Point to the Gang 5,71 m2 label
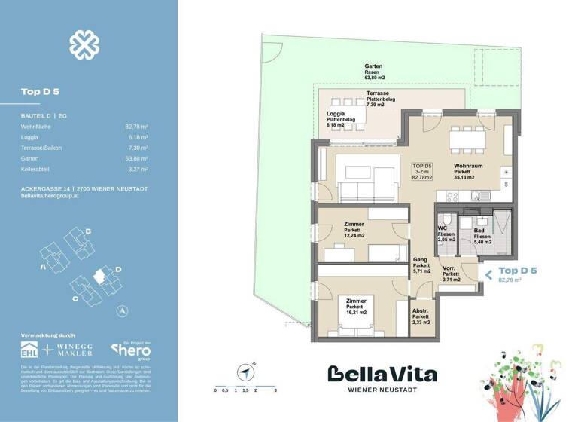[421, 265]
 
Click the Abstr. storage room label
[421, 316]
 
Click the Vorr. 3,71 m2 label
[450, 274]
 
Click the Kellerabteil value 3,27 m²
[138, 170]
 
